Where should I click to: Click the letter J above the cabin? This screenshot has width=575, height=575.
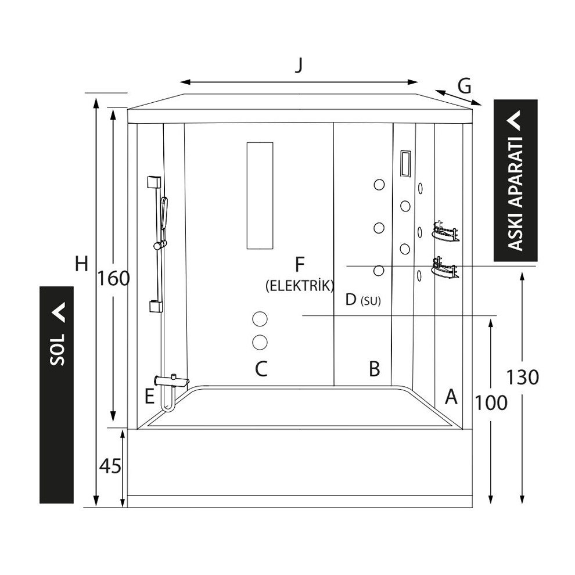[x=299, y=65]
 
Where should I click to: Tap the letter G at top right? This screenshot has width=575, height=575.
[x=464, y=86]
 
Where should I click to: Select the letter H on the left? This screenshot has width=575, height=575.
[x=81, y=264]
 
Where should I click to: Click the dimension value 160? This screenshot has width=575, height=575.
[x=114, y=279]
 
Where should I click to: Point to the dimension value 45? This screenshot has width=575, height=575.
[x=110, y=466]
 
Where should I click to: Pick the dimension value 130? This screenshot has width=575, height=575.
[x=523, y=377]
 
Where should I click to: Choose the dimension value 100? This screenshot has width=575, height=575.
[x=491, y=401]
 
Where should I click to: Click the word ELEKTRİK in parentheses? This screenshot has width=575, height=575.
[x=299, y=285]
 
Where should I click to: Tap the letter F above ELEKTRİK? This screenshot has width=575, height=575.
[x=299, y=265]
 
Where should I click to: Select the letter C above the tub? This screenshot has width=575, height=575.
[x=261, y=368]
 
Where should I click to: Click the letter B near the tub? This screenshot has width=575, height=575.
[x=375, y=368]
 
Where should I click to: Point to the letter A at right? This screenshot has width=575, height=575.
[x=451, y=397]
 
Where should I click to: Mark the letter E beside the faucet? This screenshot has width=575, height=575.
[x=150, y=397]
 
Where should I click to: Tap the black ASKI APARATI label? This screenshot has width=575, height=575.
[x=515, y=181]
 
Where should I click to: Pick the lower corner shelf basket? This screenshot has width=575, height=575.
[x=445, y=268]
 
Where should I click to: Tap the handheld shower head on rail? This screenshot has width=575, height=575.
[x=164, y=212]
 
